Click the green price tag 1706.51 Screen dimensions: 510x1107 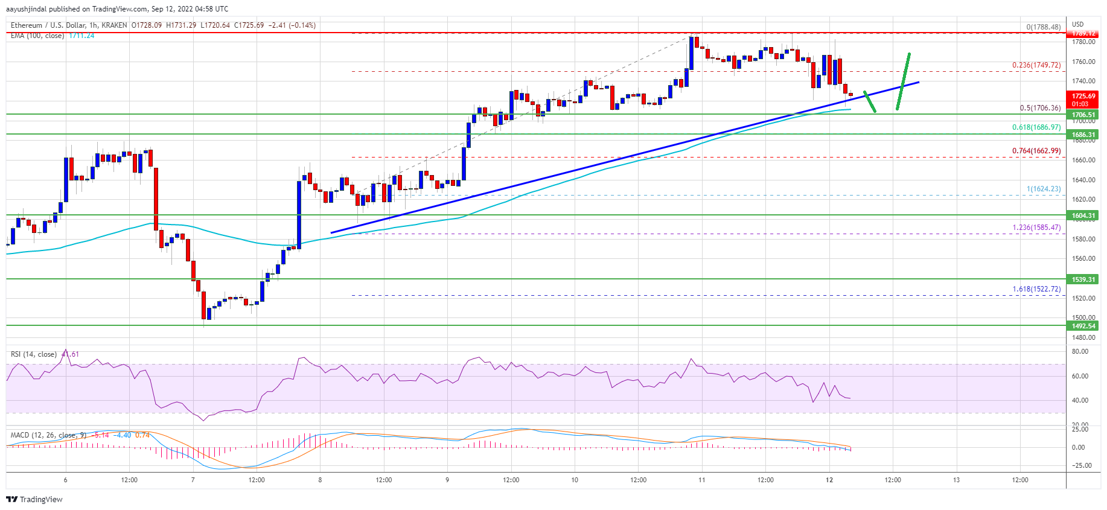[x=1083, y=115]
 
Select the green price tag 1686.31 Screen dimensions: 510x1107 [x=1083, y=135]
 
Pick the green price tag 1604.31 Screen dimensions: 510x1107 [x=1083, y=215]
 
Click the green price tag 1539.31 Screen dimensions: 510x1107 [x=1083, y=279]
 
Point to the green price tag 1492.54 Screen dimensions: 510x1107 [x=1083, y=326]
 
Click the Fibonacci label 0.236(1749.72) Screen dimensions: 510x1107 [x=1036, y=65]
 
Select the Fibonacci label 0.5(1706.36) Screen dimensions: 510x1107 [x=1040, y=108]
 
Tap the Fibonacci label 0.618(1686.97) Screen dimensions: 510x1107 [x=1036, y=127]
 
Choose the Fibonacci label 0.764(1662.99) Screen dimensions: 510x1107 [x=1036, y=151]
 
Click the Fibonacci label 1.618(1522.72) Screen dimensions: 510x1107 [x=1036, y=289]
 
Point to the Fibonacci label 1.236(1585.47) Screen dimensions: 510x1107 [x=1036, y=228]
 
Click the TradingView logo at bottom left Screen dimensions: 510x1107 [x=34, y=499]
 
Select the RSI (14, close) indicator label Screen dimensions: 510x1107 [x=34, y=354]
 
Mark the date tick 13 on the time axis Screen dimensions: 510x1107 [x=957, y=480]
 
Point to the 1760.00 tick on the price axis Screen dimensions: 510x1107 [x=1083, y=62]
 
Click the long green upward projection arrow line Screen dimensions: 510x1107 [x=903, y=81]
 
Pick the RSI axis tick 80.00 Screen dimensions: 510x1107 [x=1080, y=351]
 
